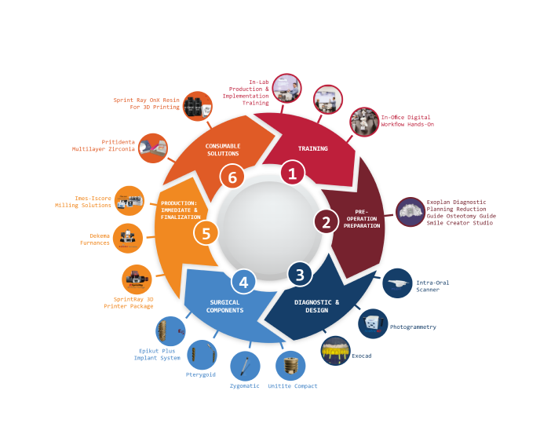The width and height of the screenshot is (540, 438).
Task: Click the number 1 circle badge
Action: point(293,173)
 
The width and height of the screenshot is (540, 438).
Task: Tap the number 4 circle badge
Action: point(243,282)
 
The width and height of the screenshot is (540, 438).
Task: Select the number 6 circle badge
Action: point(232,177)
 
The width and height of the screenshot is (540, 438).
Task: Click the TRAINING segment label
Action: point(312,148)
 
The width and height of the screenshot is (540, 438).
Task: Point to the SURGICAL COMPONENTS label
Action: point(225,306)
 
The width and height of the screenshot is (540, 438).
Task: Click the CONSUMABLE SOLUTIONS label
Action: point(223,150)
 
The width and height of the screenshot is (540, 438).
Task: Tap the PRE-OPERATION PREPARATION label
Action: point(362,219)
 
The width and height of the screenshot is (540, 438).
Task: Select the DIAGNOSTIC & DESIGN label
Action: point(316,306)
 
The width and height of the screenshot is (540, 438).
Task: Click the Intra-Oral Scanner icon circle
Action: point(397,283)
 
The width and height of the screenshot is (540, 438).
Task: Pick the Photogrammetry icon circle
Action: point(373,323)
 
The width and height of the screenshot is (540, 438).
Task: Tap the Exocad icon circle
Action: point(335,351)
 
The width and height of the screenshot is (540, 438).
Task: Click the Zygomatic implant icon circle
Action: point(245,366)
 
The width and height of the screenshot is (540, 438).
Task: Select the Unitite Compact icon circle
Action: point(290,366)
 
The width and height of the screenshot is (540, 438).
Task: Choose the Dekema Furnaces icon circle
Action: point(128,239)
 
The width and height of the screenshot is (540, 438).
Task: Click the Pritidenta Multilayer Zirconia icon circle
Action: point(153,148)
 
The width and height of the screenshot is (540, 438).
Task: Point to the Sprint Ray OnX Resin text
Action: point(146,104)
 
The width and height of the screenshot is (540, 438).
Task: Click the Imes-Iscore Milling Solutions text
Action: point(83,202)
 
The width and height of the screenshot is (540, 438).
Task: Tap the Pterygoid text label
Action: point(200,374)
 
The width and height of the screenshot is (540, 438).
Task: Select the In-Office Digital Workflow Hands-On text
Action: point(407,121)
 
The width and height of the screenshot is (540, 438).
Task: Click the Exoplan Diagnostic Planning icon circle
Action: point(410,212)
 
